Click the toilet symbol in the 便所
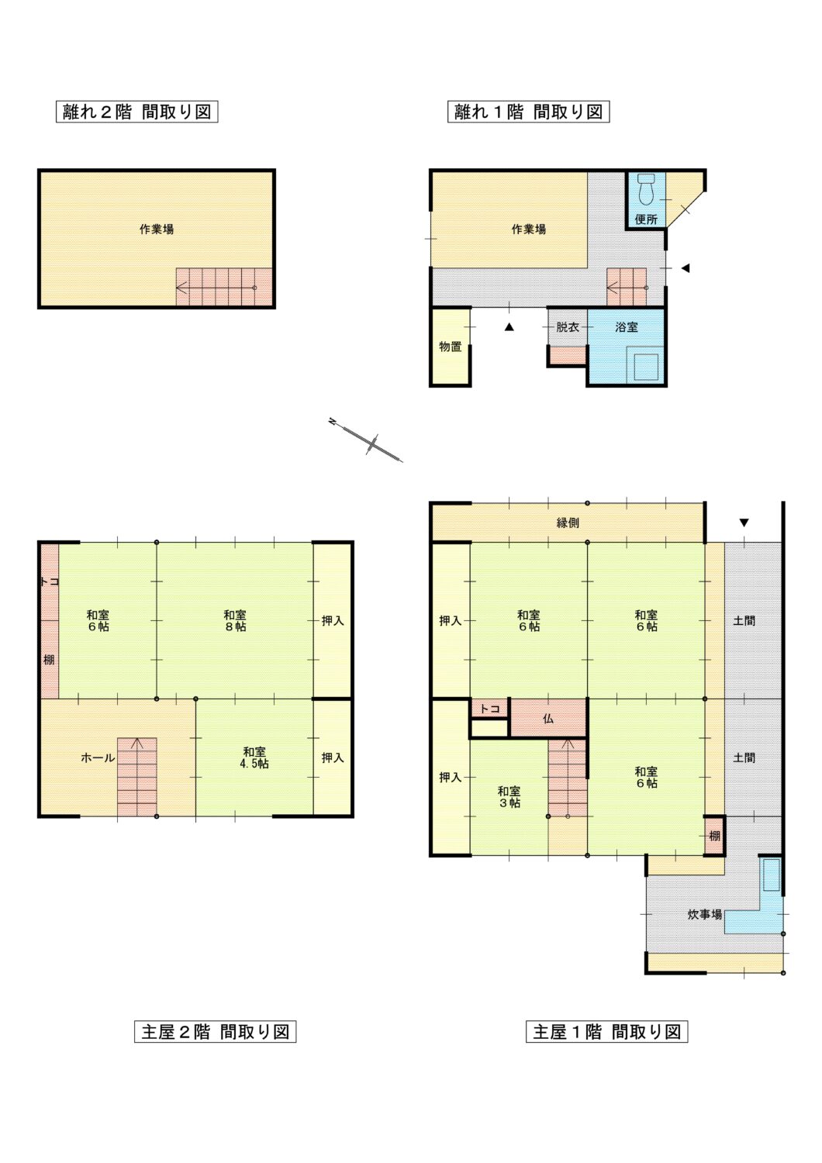(647, 189)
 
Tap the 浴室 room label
(627, 327)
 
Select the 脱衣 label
(568, 327)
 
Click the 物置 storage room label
(451, 347)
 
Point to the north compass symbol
(365, 440)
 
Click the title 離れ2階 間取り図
(137, 112)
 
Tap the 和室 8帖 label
(235, 620)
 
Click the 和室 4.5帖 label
(254, 758)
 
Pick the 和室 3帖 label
(509, 797)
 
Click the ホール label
(98, 758)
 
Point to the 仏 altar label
(548, 719)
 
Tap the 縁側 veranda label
(568, 523)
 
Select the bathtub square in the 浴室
(646, 367)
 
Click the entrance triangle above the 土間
(744, 523)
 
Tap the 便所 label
(646, 219)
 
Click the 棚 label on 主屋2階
(49, 660)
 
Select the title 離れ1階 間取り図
(529, 112)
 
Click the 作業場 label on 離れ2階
(157, 229)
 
